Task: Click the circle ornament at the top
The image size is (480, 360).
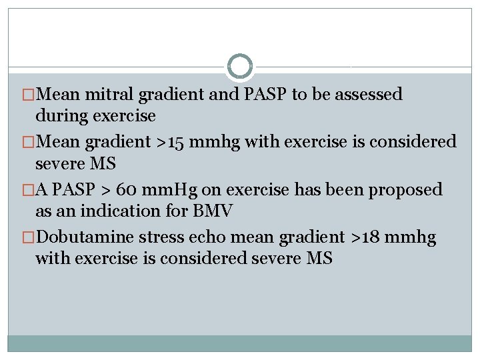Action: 240,67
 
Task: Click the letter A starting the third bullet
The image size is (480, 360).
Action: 41,190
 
